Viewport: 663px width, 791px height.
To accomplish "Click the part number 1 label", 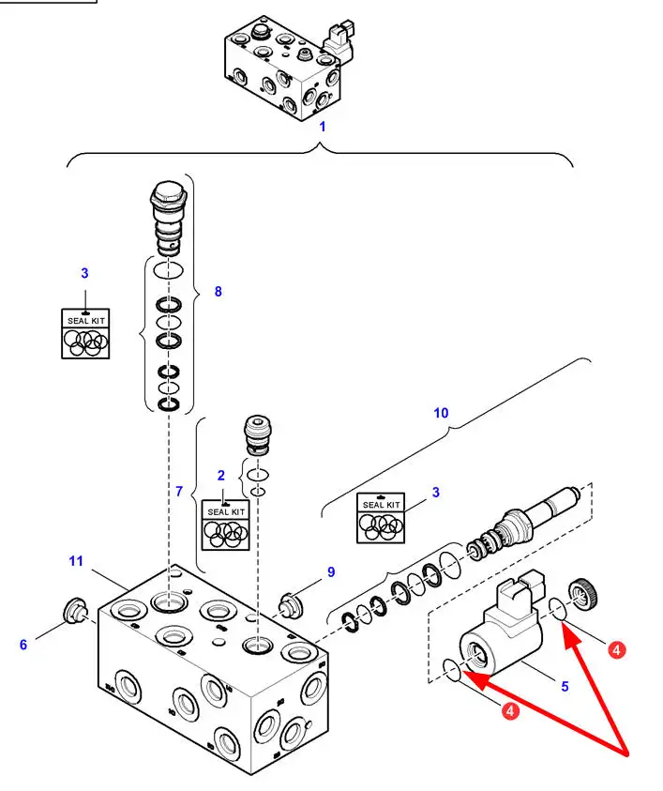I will [x=322, y=125].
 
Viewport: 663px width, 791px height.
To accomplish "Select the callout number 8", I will [x=218, y=291].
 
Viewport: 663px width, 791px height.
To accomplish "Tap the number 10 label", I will [x=442, y=413].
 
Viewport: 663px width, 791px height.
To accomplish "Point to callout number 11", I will [x=76, y=561].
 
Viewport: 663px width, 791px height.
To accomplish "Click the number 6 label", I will [x=24, y=644].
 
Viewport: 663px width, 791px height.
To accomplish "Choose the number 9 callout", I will [x=331, y=571].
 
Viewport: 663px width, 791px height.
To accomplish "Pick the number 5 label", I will [x=565, y=686].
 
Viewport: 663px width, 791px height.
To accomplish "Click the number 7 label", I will [x=178, y=491].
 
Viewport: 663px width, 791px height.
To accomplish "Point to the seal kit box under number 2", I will [x=226, y=525].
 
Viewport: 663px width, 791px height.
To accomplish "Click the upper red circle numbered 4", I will [x=616, y=648].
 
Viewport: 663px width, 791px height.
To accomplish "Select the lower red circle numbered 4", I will [x=509, y=711].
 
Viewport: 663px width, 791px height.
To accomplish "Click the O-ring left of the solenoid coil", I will [x=451, y=670].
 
